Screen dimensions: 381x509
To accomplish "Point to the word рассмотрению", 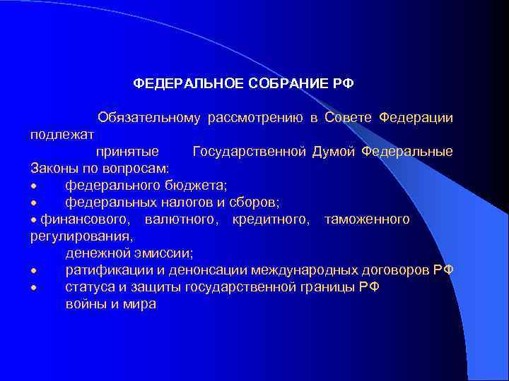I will [255, 116].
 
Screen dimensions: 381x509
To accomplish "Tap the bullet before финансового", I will [33, 220].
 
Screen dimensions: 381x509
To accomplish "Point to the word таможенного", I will [366, 219].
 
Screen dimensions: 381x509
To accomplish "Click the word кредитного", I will [271, 219].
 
